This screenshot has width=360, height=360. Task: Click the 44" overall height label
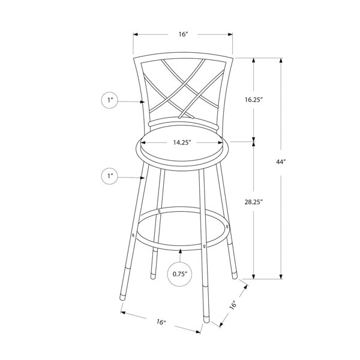[x=281, y=162]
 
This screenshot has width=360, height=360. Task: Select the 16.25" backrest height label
[x=253, y=100]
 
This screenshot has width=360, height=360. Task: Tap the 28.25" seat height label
[x=253, y=202]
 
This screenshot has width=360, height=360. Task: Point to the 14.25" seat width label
[x=182, y=143]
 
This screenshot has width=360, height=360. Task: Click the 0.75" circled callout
[x=180, y=274]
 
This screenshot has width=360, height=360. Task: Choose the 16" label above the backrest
[x=183, y=34]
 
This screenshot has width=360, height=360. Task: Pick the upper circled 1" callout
[x=110, y=100]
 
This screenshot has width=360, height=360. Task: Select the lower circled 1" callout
[x=110, y=176]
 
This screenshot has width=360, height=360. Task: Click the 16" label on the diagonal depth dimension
[x=233, y=305]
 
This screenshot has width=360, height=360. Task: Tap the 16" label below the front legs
[x=161, y=322]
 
